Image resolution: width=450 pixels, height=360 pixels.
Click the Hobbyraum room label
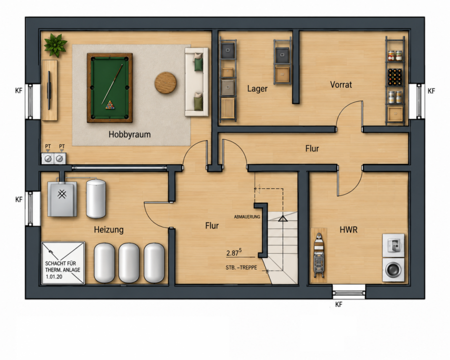(x=130, y=135)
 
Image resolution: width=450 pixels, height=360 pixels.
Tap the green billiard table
(x=110, y=88)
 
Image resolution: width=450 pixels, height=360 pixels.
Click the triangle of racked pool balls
(x=110, y=105)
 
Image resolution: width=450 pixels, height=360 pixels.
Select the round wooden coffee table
(x=165, y=83)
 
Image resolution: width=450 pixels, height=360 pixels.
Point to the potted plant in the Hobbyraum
(x=55, y=45)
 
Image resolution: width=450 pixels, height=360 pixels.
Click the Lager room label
(x=257, y=89)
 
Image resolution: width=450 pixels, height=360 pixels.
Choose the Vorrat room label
(x=341, y=85)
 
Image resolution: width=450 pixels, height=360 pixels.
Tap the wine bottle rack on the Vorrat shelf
(x=395, y=77)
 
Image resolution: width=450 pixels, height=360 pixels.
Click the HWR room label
(x=348, y=230)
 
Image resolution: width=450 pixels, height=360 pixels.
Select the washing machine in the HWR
(x=393, y=270)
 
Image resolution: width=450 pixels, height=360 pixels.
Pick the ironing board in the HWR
(x=319, y=255)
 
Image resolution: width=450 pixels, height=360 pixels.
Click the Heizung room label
(x=109, y=230)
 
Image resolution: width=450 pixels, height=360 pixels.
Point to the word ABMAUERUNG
(x=247, y=217)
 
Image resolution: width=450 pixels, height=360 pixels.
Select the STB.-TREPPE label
(x=241, y=268)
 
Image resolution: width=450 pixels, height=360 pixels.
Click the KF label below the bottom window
(x=338, y=304)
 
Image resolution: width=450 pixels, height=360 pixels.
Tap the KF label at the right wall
(x=431, y=91)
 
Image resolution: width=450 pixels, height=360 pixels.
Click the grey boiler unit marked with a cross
(x=62, y=199)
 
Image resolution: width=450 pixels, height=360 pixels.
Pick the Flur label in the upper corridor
(x=312, y=149)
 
